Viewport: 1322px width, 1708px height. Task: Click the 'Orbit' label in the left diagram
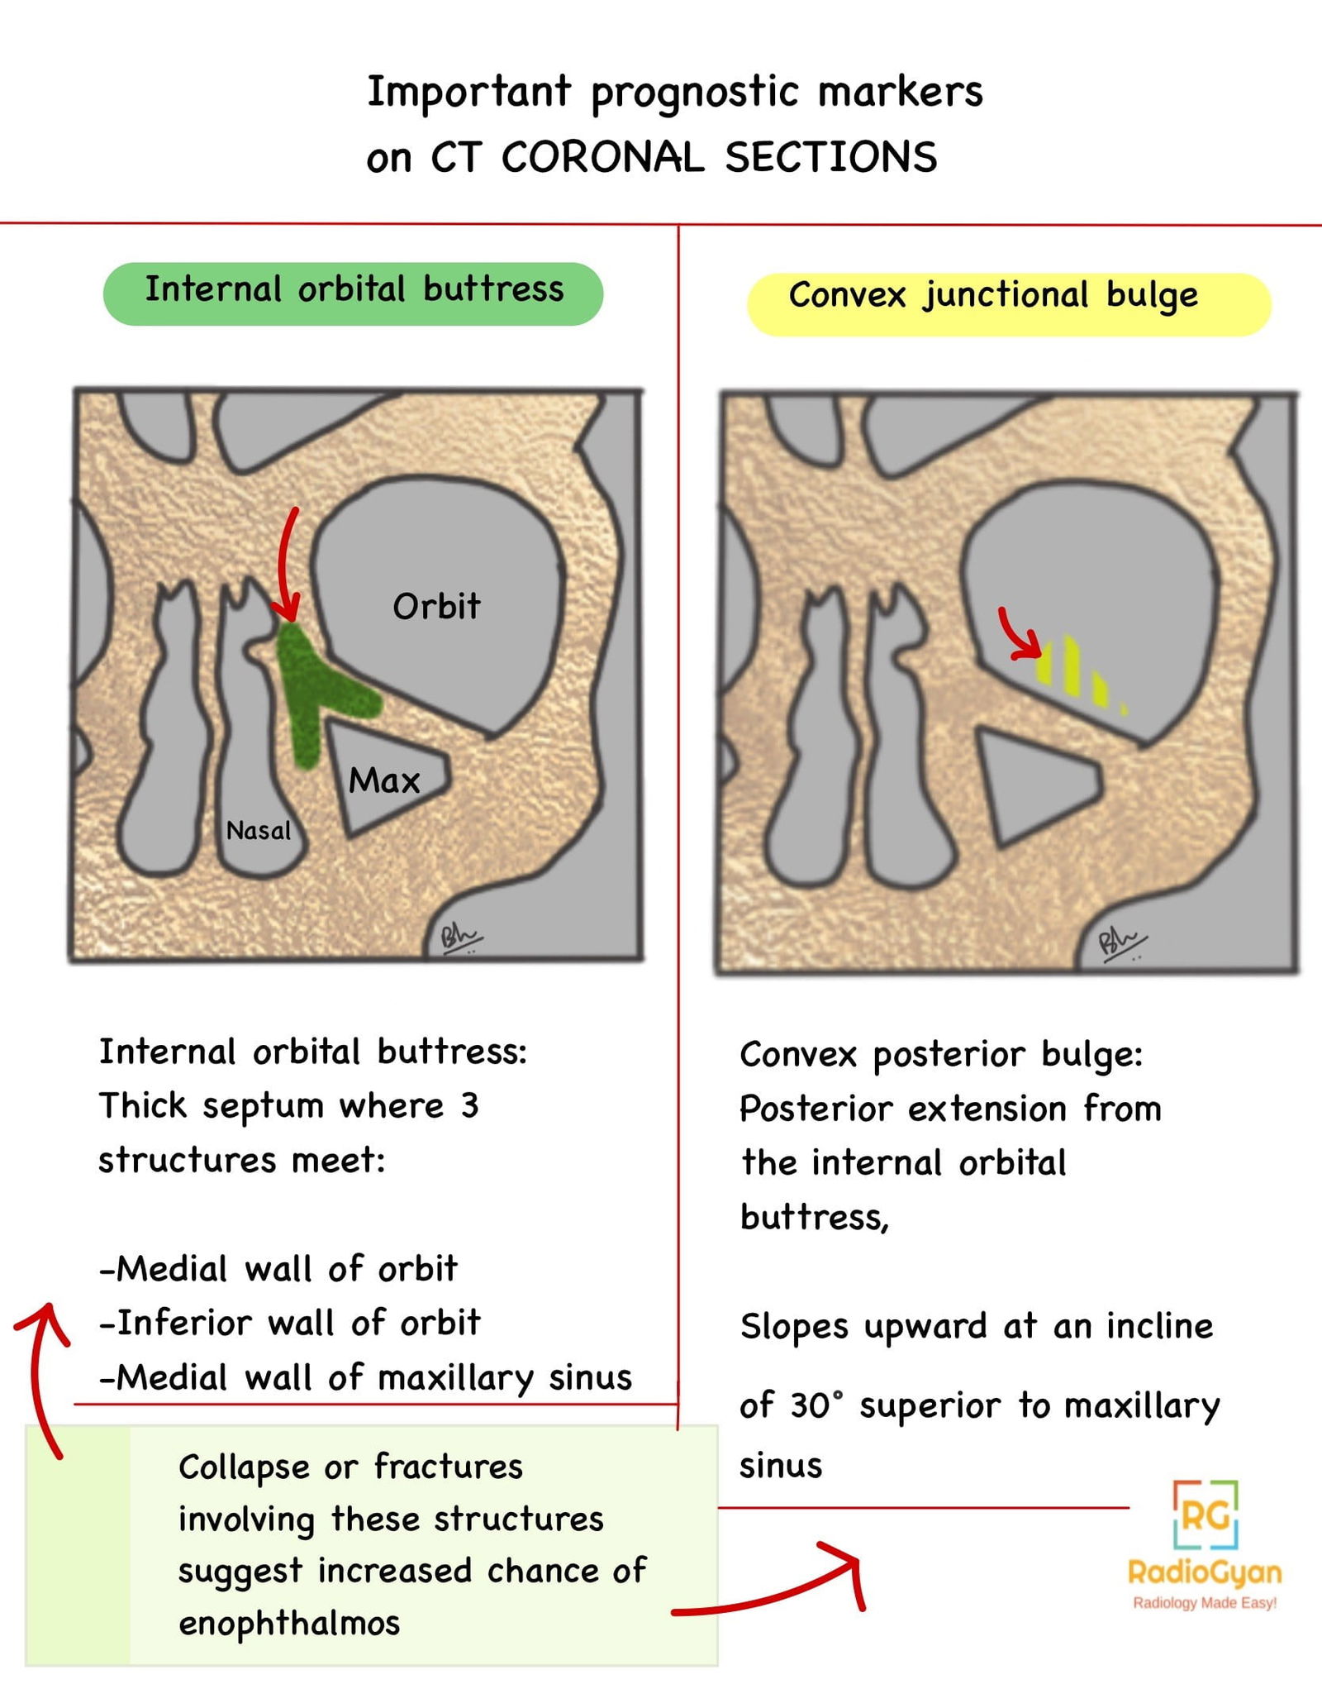[436, 607]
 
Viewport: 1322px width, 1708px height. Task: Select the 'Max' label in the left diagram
[384, 780]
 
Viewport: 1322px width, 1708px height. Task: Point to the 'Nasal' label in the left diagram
[259, 830]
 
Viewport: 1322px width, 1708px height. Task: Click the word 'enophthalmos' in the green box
[289, 1623]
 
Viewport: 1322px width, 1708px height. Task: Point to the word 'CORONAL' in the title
[602, 157]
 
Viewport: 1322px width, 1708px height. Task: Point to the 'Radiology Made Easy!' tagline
[1205, 1603]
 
